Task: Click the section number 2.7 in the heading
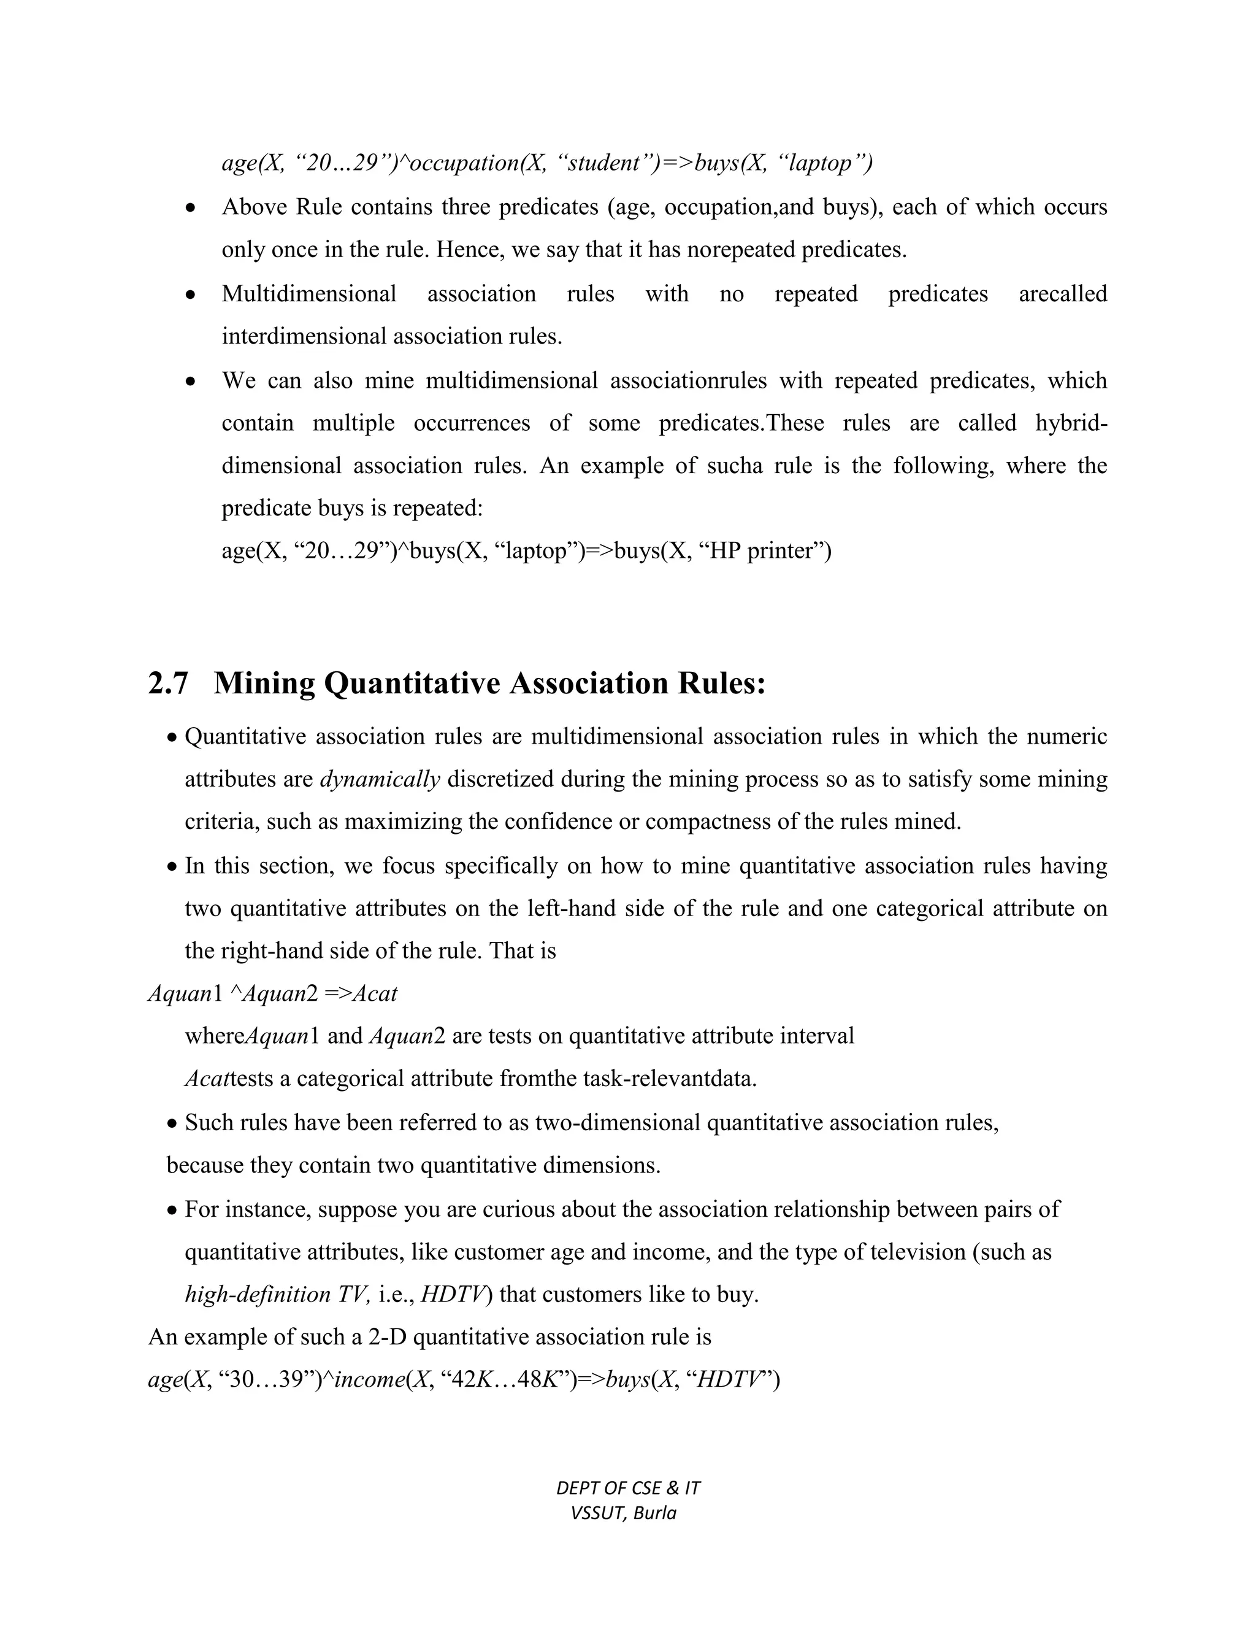pyautogui.click(x=168, y=684)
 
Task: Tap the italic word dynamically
pyautogui.click(x=380, y=779)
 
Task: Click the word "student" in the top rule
pyautogui.click(x=603, y=163)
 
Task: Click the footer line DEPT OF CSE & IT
pyautogui.click(x=628, y=1489)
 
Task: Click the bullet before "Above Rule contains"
pyautogui.click(x=192, y=209)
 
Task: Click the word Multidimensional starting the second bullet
pyautogui.click(x=309, y=294)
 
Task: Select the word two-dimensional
pyautogui.click(x=618, y=1122)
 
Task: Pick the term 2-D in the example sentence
pyautogui.click(x=387, y=1337)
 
